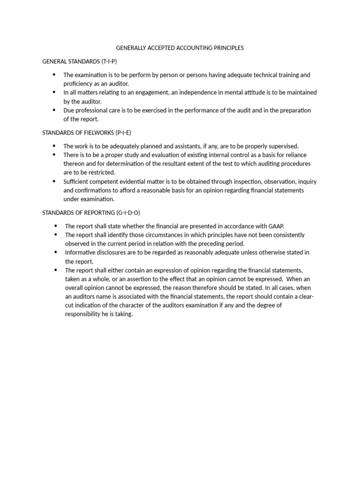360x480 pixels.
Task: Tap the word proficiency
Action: tap(79, 83)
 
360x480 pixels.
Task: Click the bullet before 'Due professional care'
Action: tap(53, 110)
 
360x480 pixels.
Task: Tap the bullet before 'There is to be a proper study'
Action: tap(53, 155)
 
